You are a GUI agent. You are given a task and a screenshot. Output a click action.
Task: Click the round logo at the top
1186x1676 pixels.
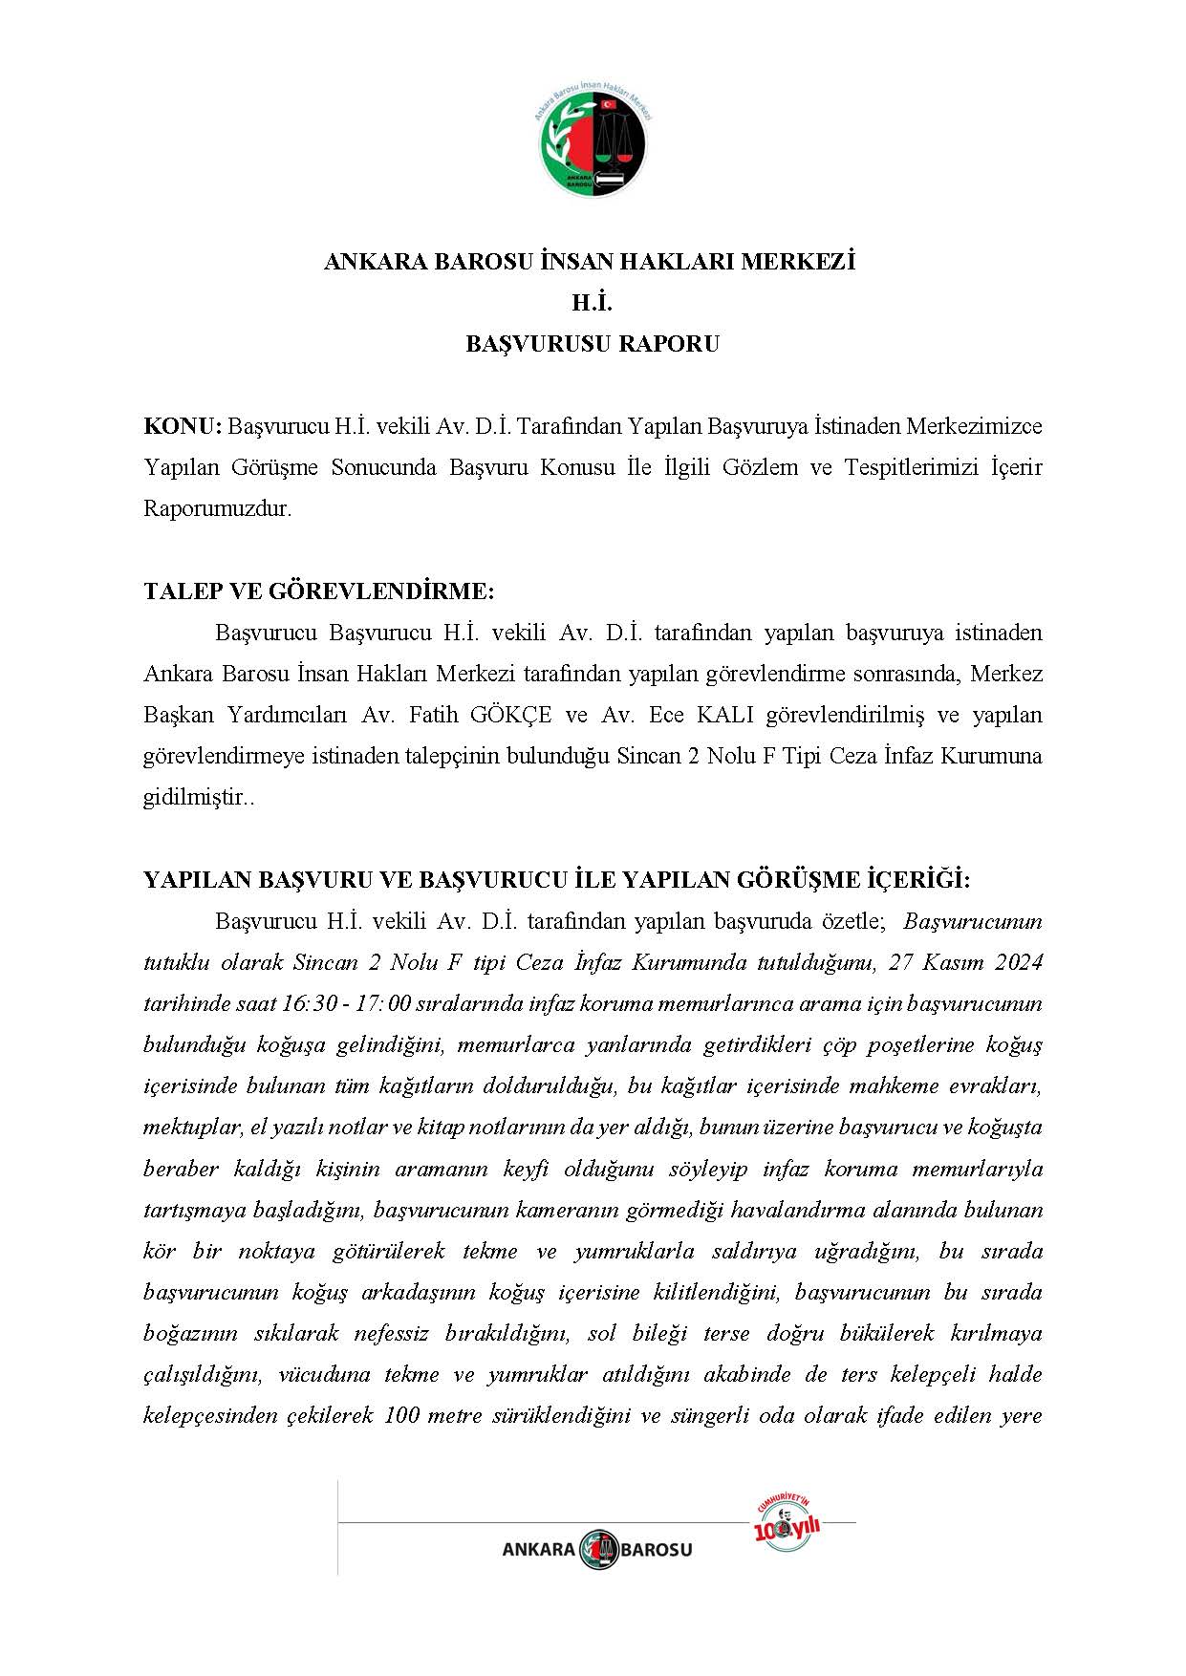pos(593,140)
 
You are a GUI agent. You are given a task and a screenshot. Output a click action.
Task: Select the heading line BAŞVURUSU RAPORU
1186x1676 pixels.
pos(593,344)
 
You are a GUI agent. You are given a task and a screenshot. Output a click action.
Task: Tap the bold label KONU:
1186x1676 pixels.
pos(183,426)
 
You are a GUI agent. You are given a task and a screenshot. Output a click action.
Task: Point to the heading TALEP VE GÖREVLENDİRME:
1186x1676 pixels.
pos(318,591)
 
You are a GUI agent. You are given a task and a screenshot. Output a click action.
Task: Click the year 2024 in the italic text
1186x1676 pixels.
pos(1018,962)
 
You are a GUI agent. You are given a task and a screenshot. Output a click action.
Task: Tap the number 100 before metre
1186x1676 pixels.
pos(400,1415)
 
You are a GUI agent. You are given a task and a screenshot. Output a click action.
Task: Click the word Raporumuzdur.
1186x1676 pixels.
pos(217,508)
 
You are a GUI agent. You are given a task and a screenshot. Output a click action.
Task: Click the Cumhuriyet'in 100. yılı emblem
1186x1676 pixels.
pos(787,1525)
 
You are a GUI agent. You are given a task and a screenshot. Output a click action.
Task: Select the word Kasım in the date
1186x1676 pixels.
pos(960,962)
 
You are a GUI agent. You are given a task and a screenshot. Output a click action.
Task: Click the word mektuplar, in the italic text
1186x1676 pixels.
pos(194,1128)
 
